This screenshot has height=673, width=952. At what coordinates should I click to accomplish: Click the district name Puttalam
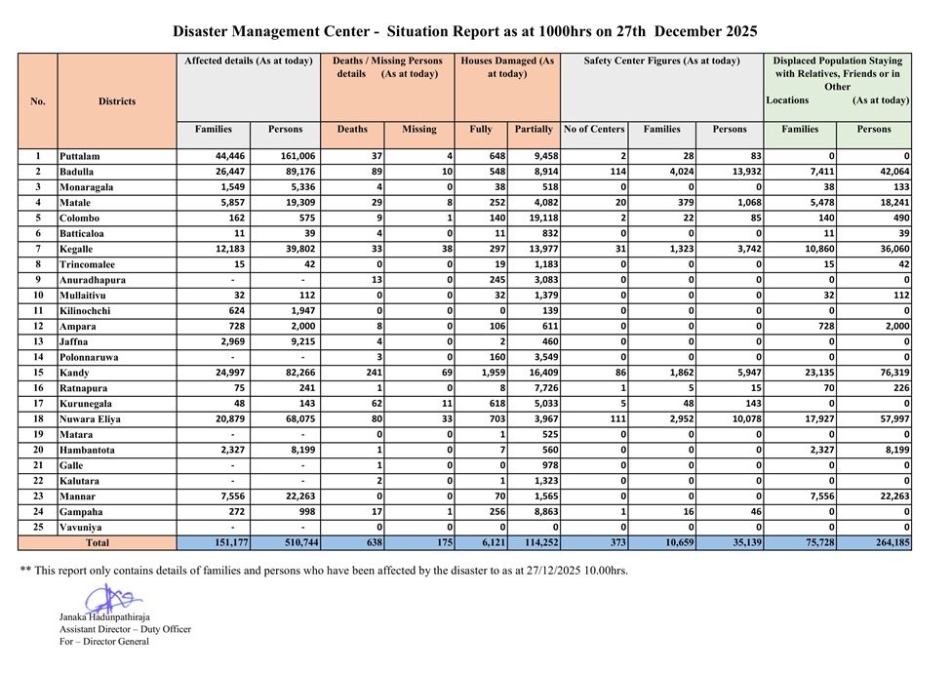click(x=80, y=156)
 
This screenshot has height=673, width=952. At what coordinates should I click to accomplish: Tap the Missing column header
click(x=418, y=129)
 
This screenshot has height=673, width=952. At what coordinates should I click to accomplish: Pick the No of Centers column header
click(x=594, y=129)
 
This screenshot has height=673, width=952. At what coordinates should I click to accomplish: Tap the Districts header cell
click(x=117, y=100)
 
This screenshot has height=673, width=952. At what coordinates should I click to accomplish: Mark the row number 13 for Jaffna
click(x=38, y=341)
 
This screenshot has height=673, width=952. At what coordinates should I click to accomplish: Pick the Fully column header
click(x=481, y=129)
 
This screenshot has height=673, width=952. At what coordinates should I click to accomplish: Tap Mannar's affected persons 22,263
click(x=284, y=495)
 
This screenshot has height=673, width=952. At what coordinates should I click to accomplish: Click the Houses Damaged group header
click(x=507, y=67)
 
